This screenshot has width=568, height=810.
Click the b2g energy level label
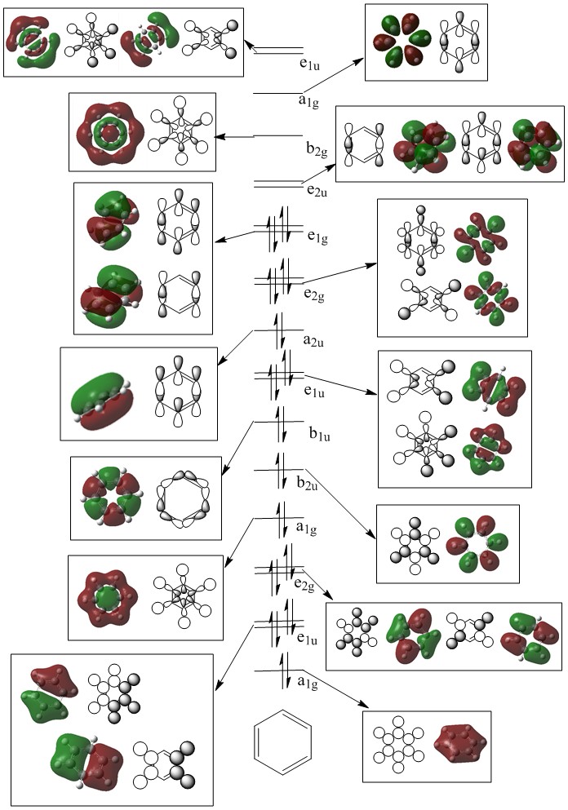[x=314, y=148]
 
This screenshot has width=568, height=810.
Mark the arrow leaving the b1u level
[x=240, y=445]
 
